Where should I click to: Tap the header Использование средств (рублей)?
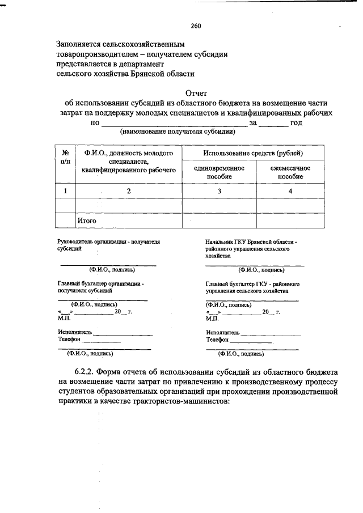pyautogui.click(x=253, y=153)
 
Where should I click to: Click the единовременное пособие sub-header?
pyautogui.click(x=219, y=172)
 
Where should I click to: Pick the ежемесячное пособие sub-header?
pyautogui.click(x=290, y=172)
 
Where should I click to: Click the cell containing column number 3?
pyautogui.click(x=219, y=191)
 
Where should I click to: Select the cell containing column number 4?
pyautogui.click(x=290, y=191)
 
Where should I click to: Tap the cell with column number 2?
pyautogui.click(x=129, y=191)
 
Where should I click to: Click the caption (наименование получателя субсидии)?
pyautogui.click(x=177, y=132)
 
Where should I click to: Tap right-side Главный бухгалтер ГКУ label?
pyautogui.click(x=253, y=283)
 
